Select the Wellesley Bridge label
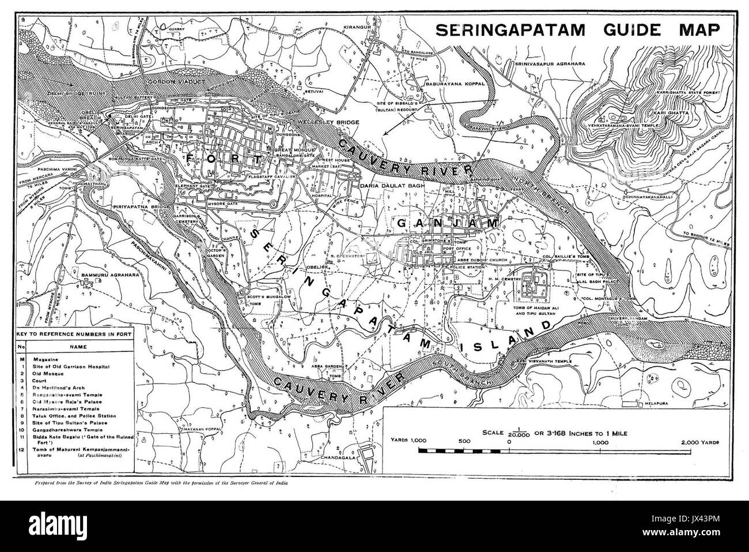[x=328, y=122]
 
